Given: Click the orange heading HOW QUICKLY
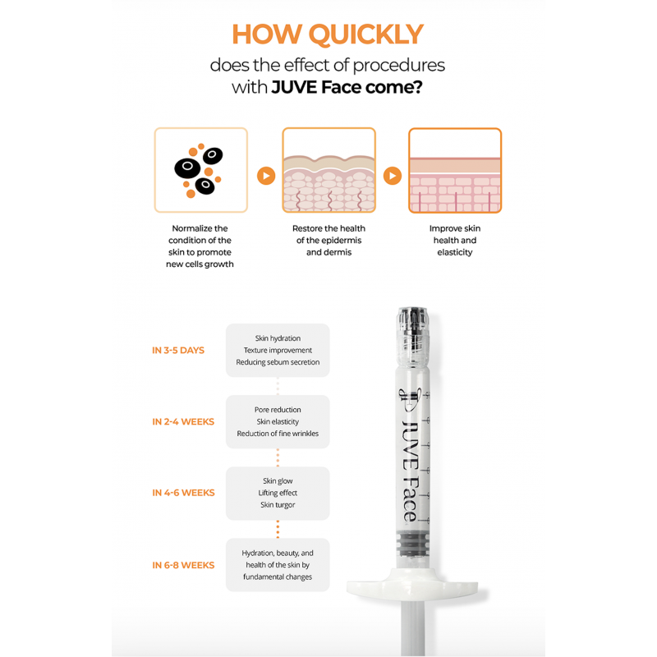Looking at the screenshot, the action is [x=328, y=34].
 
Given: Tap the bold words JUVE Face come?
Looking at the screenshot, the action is [x=347, y=87].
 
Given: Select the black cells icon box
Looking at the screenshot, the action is [x=201, y=170].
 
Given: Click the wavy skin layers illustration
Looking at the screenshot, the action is [x=329, y=170].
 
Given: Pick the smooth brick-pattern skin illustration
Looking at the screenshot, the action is [x=455, y=170].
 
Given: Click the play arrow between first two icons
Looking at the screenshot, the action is [x=266, y=176].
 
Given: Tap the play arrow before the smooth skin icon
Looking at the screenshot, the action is [x=393, y=176].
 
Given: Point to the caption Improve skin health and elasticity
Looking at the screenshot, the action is [x=455, y=240].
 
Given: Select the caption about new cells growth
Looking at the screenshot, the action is [x=200, y=246].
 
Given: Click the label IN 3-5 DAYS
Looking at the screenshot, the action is [x=178, y=351].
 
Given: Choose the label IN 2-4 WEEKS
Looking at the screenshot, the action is [x=183, y=421].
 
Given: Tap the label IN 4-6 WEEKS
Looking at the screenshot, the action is [x=183, y=493].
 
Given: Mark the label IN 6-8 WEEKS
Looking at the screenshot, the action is [x=183, y=565].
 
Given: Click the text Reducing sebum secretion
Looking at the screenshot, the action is [x=278, y=362].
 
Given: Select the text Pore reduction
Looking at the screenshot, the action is [x=278, y=410].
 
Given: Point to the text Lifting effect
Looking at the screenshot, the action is [x=278, y=493].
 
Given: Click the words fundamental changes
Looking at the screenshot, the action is [x=278, y=577].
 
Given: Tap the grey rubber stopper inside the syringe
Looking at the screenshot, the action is [x=413, y=544].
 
